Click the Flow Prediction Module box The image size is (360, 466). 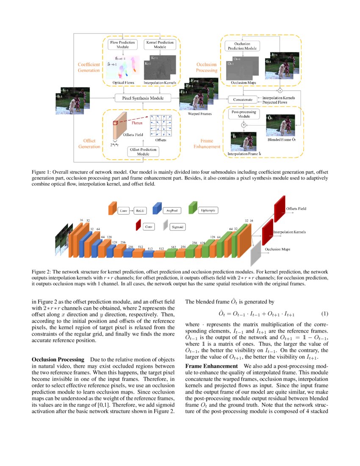click(122, 45)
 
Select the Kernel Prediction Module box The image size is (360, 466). click(159, 45)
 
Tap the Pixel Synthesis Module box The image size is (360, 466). click(140, 98)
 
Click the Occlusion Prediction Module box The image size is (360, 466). click(242, 46)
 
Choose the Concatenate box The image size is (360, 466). click(243, 100)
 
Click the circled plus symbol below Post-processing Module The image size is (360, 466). click(244, 125)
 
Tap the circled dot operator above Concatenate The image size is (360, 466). click(280, 91)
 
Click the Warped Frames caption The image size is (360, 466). click(193, 114)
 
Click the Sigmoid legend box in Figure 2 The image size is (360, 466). click(177, 227)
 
